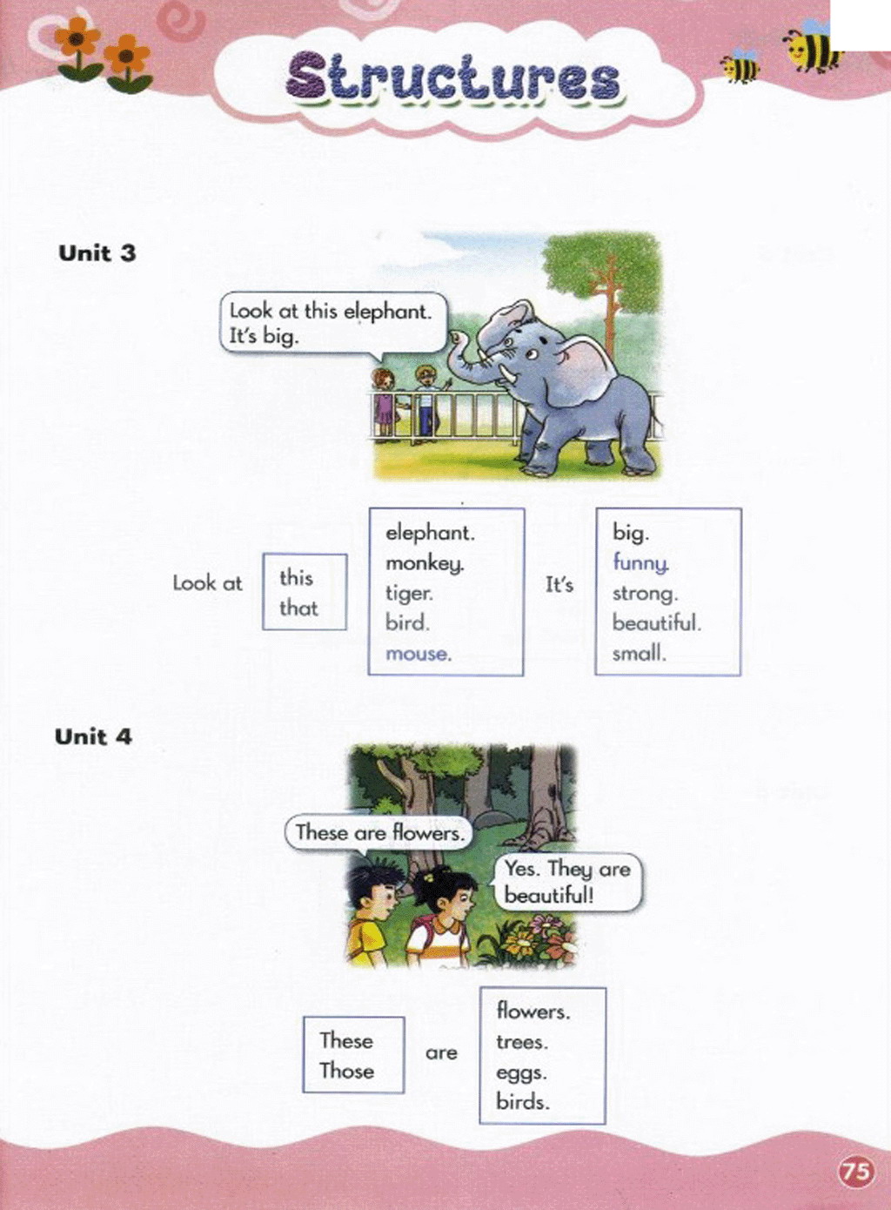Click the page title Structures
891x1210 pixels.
[452, 79]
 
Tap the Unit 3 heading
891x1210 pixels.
[97, 253]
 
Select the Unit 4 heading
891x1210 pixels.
[93, 736]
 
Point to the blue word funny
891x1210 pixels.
[641, 563]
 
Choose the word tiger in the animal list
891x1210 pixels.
[409, 594]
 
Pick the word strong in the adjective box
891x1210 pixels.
[645, 595]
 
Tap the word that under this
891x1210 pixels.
[298, 608]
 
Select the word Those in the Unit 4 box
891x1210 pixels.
[346, 1071]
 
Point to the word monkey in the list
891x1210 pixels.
[425, 564]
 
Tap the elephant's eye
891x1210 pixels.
[532, 354]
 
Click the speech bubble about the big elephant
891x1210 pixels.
[334, 323]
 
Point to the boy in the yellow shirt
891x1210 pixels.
[372, 916]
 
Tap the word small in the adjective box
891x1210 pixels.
[640, 654]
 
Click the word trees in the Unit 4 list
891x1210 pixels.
[522, 1042]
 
